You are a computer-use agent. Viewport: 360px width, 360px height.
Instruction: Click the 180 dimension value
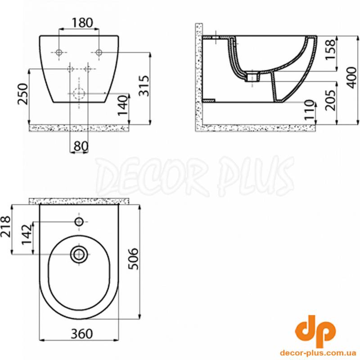pyautogui.click(x=82, y=23)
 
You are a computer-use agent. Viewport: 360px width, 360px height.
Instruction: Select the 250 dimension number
pyautogui.click(x=23, y=94)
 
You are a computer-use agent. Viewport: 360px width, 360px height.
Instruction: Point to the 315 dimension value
pyautogui.click(x=144, y=85)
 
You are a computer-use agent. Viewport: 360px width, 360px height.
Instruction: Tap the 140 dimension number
pyautogui.click(x=122, y=105)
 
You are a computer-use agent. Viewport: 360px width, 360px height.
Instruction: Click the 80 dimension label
pyautogui.click(x=81, y=146)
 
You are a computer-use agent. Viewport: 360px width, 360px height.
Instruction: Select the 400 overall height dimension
pyautogui.click(x=352, y=77)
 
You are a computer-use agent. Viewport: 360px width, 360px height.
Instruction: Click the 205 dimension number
pyautogui.click(x=330, y=100)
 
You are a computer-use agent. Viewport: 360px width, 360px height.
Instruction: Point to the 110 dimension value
pyautogui.click(x=309, y=110)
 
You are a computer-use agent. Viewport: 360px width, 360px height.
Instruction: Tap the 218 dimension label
pyautogui.click(x=5, y=226)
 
